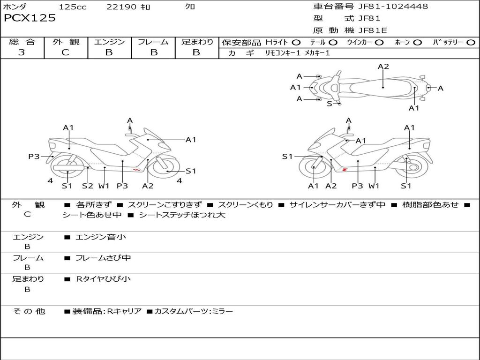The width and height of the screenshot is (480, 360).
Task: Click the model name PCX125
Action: pos(30,18)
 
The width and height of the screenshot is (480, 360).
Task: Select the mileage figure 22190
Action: pos(121,7)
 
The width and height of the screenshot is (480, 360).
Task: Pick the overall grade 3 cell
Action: pos(22,52)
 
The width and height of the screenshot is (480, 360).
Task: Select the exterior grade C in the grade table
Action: pos(65,52)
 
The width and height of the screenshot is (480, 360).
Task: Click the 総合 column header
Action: pos(22,42)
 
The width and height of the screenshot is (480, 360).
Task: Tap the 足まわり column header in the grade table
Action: pos(197,42)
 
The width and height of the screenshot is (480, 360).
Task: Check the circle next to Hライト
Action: pos(296,43)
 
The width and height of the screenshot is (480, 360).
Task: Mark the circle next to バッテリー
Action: pos(471,43)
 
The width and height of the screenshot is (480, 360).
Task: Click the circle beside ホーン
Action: pos(418,43)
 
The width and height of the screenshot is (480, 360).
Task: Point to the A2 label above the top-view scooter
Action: pos(383,67)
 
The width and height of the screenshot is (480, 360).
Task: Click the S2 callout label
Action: pos(88,186)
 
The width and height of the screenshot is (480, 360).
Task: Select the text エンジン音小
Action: pos(101,237)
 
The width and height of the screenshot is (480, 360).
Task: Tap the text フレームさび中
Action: pos(103,258)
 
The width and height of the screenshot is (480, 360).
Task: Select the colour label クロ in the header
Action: pos(190,7)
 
